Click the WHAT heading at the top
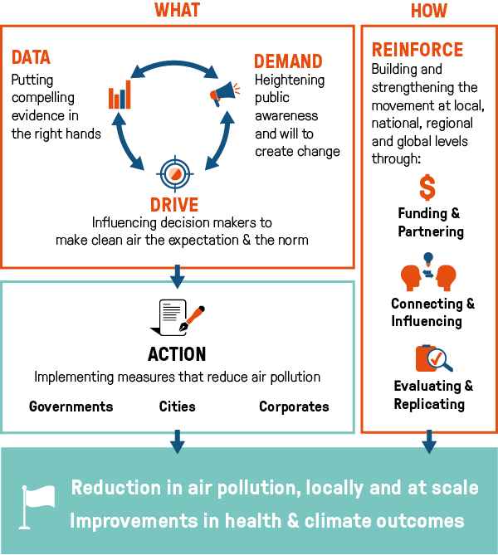(x=177, y=11)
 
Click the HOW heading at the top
(x=428, y=11)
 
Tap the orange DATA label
(x=31, y=58)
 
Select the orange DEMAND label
(x=288, y=61)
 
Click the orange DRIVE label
(x=174, y=205)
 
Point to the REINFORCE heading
(x=417, y=50)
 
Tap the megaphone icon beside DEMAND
(x=224, y=94)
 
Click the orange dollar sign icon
(x=427, y=187)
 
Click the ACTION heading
(x=177, y=354)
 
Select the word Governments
(x=71, y=407)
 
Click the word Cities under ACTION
(x=177, y=407)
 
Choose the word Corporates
(x=294, y=407)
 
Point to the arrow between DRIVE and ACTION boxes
(x=177, y=275)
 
